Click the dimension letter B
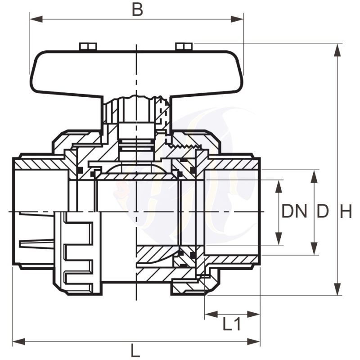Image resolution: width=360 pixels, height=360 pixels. [x=138, y=9]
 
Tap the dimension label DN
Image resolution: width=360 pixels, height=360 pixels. [x=294, y=211]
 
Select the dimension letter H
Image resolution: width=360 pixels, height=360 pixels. [x=346, y=211]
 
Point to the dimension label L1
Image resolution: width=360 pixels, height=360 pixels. [x=232, y=324]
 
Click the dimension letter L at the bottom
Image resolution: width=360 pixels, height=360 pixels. [x=135, y=351]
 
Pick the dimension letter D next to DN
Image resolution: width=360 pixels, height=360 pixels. [x=323, y=211]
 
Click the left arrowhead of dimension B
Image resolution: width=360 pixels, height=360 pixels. [x=36, y=19]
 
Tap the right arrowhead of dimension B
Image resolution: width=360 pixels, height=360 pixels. [x=237, y=19]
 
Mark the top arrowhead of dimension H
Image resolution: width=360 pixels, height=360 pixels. [x=337, y=49]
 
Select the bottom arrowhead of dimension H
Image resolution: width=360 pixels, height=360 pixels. [x=337, y=289]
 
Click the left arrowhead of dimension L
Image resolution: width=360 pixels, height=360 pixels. [x=19, y=342]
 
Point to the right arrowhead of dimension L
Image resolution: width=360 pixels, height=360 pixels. [x=253, y=342]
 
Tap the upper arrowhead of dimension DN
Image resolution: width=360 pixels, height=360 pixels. [x=279, y=186]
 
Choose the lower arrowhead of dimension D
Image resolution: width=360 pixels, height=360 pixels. [x=315, y=248]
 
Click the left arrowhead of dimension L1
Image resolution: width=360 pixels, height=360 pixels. [x=211, y=314]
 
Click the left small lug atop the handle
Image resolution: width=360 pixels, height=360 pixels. [x=88, y=46]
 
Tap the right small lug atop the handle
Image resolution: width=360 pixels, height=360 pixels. [x=184, y=46]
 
